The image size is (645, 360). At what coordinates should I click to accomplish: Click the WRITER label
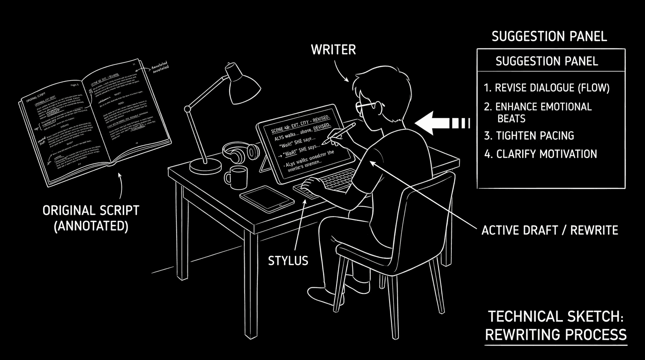pyautogui.click(x=333, y=50)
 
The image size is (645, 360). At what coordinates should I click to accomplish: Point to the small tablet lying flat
pyautogui.click(x=267, y=195)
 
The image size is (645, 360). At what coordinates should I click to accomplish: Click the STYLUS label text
pyautogui.click(x=288, y=260)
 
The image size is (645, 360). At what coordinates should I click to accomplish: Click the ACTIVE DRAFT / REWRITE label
pyautogui.click(x=550, y=230)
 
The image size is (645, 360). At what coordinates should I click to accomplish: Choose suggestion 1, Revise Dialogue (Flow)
pyautogui.click(x=547, y=88)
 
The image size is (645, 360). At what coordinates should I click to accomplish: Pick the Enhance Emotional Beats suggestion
pyautogui.click(x=538, y=112)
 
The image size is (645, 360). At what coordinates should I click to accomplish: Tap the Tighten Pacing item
pyautogui.click(x=529, y=136)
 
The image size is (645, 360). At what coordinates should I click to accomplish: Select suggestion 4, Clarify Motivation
pyautogui.click(x=540, y=154)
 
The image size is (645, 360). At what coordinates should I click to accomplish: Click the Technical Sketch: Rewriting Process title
pyautogui.click(x=555, y=325)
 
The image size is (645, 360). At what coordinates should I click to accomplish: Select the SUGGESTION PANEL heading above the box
pyautogui.click(x=549, y=37)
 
